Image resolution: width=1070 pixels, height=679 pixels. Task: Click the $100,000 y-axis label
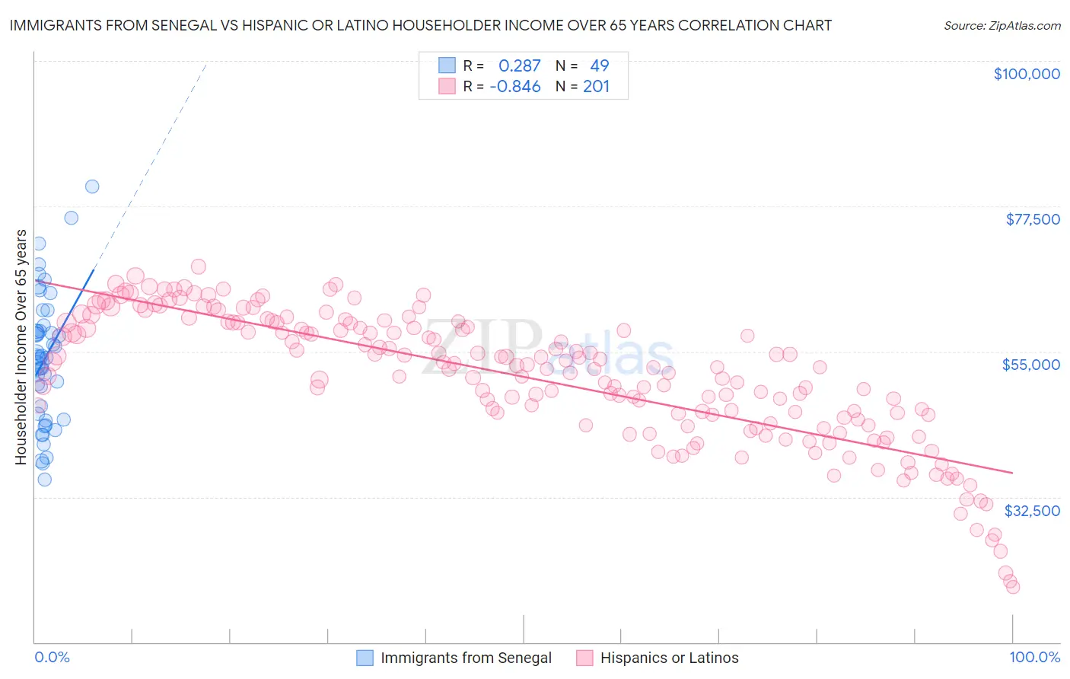pos(1027,74)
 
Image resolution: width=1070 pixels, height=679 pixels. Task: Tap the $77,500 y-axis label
pos(1033,219)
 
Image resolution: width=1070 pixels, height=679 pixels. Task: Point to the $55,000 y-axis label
pos(1031,365)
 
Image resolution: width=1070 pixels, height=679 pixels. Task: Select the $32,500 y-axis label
pos(1032,511)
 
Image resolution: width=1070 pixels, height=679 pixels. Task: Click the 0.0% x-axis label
pos(53,657)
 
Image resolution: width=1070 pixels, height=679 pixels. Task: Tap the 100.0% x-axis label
pos(1034,657)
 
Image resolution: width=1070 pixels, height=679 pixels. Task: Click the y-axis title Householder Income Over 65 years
pos(21,347)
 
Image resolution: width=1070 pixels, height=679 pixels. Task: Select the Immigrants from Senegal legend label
pos(466,658)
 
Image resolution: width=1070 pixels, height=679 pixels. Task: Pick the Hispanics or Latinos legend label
pos(669,658)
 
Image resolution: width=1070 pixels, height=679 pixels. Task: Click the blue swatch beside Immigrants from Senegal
pos(365,658)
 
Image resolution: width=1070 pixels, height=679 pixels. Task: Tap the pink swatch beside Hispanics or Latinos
pos(584,658)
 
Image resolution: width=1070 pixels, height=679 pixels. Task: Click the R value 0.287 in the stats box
pos(519,65)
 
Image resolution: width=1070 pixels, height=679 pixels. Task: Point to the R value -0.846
pos(515,86)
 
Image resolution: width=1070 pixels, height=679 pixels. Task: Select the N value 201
pos(596,86)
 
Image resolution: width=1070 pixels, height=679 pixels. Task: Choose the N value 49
pos(599,65)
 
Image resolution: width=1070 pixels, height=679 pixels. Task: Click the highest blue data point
pos(92,186)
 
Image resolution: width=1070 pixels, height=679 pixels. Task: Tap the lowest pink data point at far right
pos(1012,587)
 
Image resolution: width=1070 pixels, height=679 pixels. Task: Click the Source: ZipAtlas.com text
pos(1002,25)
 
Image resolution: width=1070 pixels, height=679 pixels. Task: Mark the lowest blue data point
pos(45,480)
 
